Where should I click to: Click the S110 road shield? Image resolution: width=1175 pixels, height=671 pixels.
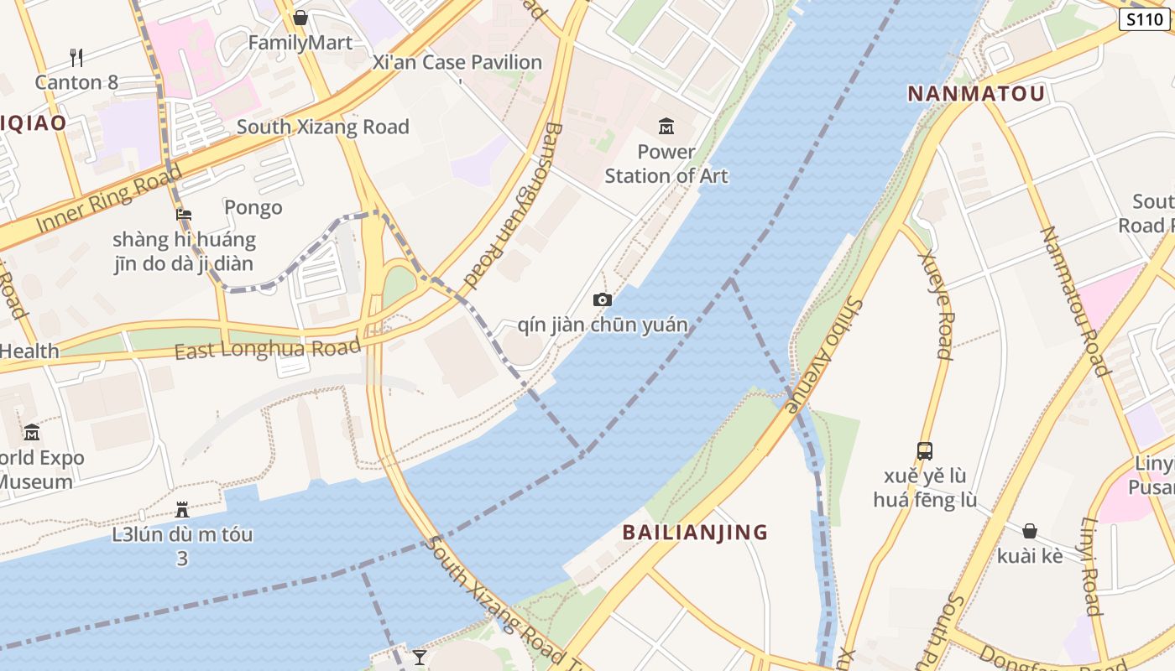tap(1145, 19)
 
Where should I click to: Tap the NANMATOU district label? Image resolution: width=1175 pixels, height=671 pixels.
tap(976, 93)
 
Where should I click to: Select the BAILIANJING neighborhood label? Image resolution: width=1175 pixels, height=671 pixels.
tap(695, 532)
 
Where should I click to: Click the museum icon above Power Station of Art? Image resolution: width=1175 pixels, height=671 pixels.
tap(666, 127)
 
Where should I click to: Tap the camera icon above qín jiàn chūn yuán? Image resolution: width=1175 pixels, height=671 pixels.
tap(602, 299)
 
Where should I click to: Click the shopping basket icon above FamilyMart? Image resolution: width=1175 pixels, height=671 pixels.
tap(300, 18)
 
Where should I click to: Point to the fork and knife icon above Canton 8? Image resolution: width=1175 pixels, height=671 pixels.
tap(76, 57)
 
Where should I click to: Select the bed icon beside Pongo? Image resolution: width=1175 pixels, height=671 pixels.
tap(184, 215)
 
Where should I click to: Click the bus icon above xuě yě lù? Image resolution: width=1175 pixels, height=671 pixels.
tap(924, 451)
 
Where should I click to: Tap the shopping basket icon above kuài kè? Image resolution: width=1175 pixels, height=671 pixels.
tap(1030, 531)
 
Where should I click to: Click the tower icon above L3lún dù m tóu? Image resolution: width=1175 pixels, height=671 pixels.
tap(182, 509)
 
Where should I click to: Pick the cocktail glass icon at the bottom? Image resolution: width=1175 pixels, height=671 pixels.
tap(420, 657)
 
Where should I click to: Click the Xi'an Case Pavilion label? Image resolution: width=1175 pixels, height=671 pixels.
tap(457, 62)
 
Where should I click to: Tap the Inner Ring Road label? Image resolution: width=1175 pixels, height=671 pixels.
tap(109, 200)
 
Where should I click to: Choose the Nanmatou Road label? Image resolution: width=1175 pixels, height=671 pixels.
tap(1075, 302)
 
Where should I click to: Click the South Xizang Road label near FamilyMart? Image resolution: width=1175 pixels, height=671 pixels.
tap(323, 127)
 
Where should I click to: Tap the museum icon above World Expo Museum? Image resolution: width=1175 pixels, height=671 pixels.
tap(32, 432)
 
